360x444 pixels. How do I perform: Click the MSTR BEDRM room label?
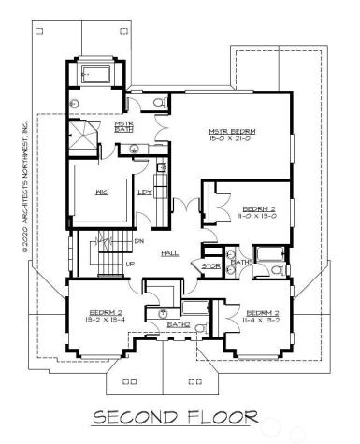[x=232, y=131]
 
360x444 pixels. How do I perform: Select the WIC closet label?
[x=103, y=193]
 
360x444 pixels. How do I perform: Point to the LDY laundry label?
[x=145, y=193]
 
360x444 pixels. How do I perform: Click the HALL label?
[x=169, y=252]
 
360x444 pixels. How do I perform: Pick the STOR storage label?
[x=211, y=266]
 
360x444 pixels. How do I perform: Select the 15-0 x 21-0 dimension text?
[x=232, y=140]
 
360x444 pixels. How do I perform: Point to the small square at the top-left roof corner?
[x=38, y=31]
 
